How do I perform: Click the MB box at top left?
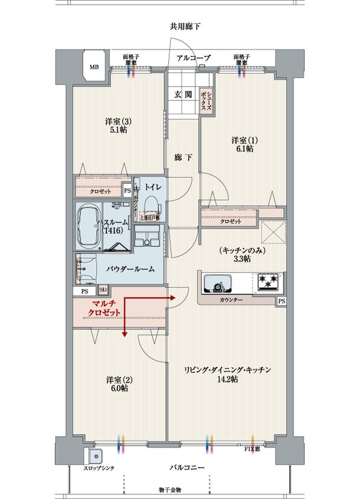point(94,67)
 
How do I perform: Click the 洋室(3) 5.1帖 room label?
point(119,126)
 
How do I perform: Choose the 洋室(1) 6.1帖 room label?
point(243,145)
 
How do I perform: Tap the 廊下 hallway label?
point(183,157)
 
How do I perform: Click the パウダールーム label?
point(130,269)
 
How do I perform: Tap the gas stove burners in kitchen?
point(269,282)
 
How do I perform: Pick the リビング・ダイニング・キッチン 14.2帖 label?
point(227,375)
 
